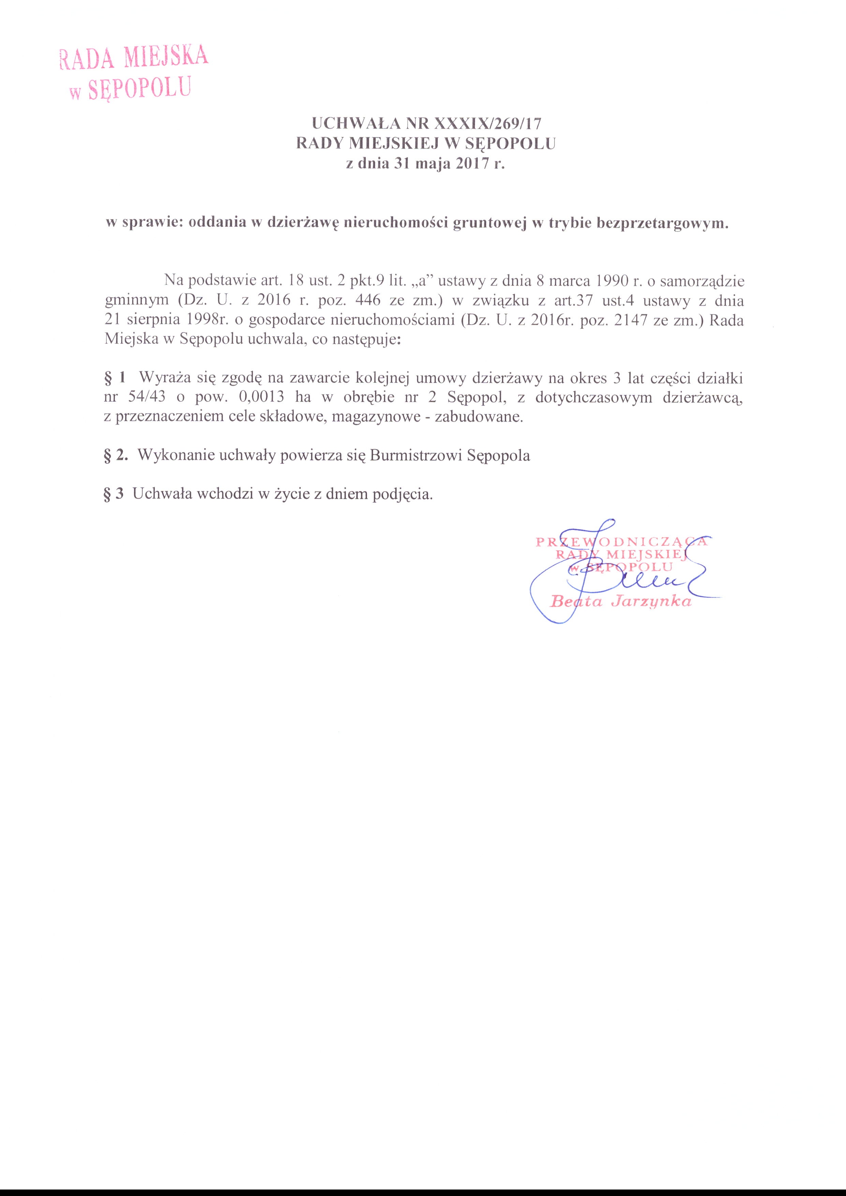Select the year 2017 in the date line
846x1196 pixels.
pyautogui.click(x=473, y=164)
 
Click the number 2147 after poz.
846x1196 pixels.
pyautogui.click(x=630, y=320)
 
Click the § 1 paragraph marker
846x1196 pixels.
pyautogui.click(x=115, y=377)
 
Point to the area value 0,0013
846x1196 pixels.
pyautogui.click(x=262, y=397)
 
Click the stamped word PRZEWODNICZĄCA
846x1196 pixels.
pyautogui.click(x=622, y=542)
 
